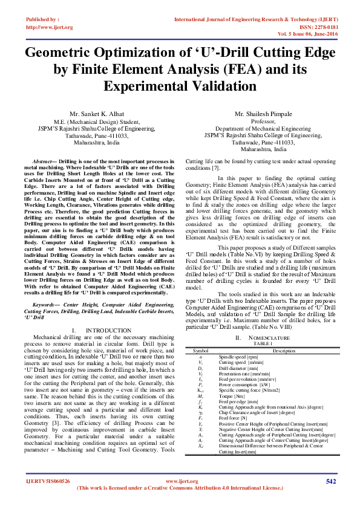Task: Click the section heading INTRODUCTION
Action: click(x=105, y=329)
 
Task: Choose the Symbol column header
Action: click(x=200, y=350)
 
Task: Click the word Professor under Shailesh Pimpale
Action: click(x=263, y=122)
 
